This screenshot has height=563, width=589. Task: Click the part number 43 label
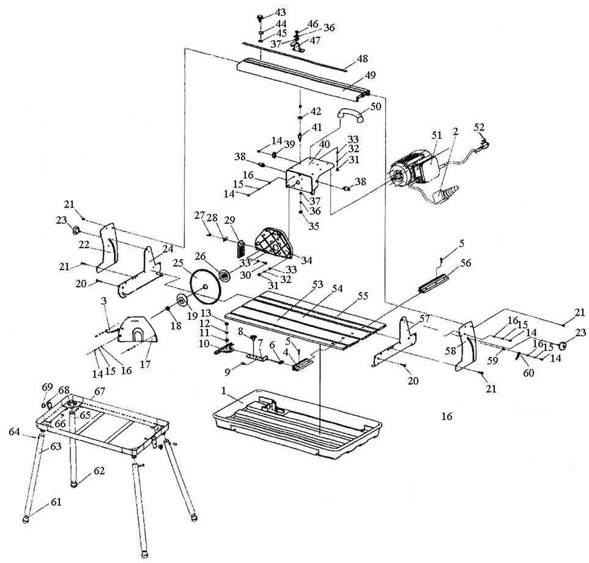tap(280, 13)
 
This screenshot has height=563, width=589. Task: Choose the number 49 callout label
tap(370, 74)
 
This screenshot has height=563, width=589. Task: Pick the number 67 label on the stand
tap(99, 391)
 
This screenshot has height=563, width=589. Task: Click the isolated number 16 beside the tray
tap(447, 417)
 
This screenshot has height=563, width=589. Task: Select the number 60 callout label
tap(528, 373)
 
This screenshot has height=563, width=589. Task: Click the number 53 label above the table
tap(318, 285)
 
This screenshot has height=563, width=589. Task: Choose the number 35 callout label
tap(313, 226)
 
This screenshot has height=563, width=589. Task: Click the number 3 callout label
tap(104, 300)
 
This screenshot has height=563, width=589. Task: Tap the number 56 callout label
tap(466, 263)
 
